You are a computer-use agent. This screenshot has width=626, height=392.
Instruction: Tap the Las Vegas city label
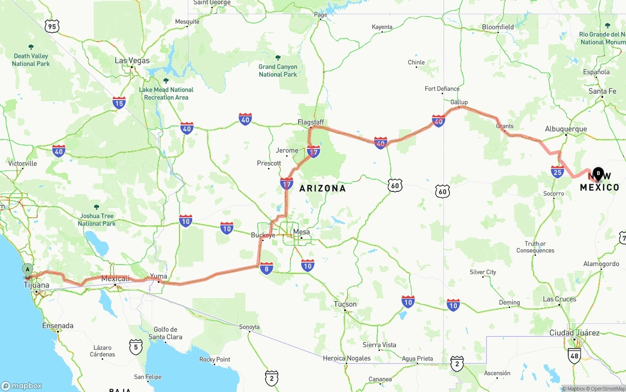(x=132, y=61)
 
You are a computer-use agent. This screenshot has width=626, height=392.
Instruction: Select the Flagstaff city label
(x=311, y=122)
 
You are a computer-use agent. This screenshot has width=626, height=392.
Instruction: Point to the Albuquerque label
(x=566, y=129)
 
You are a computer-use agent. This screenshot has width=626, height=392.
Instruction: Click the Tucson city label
(x=345, y=304)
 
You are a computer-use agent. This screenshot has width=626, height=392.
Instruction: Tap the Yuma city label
(x=158, y=276)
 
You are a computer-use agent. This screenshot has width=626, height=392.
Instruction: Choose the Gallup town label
(x=459, y=102)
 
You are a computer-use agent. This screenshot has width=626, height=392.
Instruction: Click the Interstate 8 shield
(x=267, y=268)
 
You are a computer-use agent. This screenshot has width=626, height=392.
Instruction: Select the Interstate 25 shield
(x=557, y=171)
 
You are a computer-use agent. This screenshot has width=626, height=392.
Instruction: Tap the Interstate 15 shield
(x=119, y=103)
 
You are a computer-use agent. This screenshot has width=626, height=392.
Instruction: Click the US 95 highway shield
(x=52, y=26)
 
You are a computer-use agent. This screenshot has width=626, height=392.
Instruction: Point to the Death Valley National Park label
(x=31, y=60)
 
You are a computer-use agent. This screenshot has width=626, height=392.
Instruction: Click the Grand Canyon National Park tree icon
(x=278, y=58)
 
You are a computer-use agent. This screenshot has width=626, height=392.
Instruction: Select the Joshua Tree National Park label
(x=97, y=220)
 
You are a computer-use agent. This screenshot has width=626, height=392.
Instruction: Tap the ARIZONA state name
(x=322, y=188)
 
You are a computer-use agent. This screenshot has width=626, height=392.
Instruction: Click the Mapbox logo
(x=22, y=386)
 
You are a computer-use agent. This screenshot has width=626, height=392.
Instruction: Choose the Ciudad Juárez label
(x=574, y=333)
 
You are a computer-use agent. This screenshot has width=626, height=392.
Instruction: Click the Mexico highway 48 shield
(x=575, y=356)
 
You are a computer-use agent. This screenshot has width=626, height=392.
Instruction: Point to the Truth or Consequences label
(x=536, y=247)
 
